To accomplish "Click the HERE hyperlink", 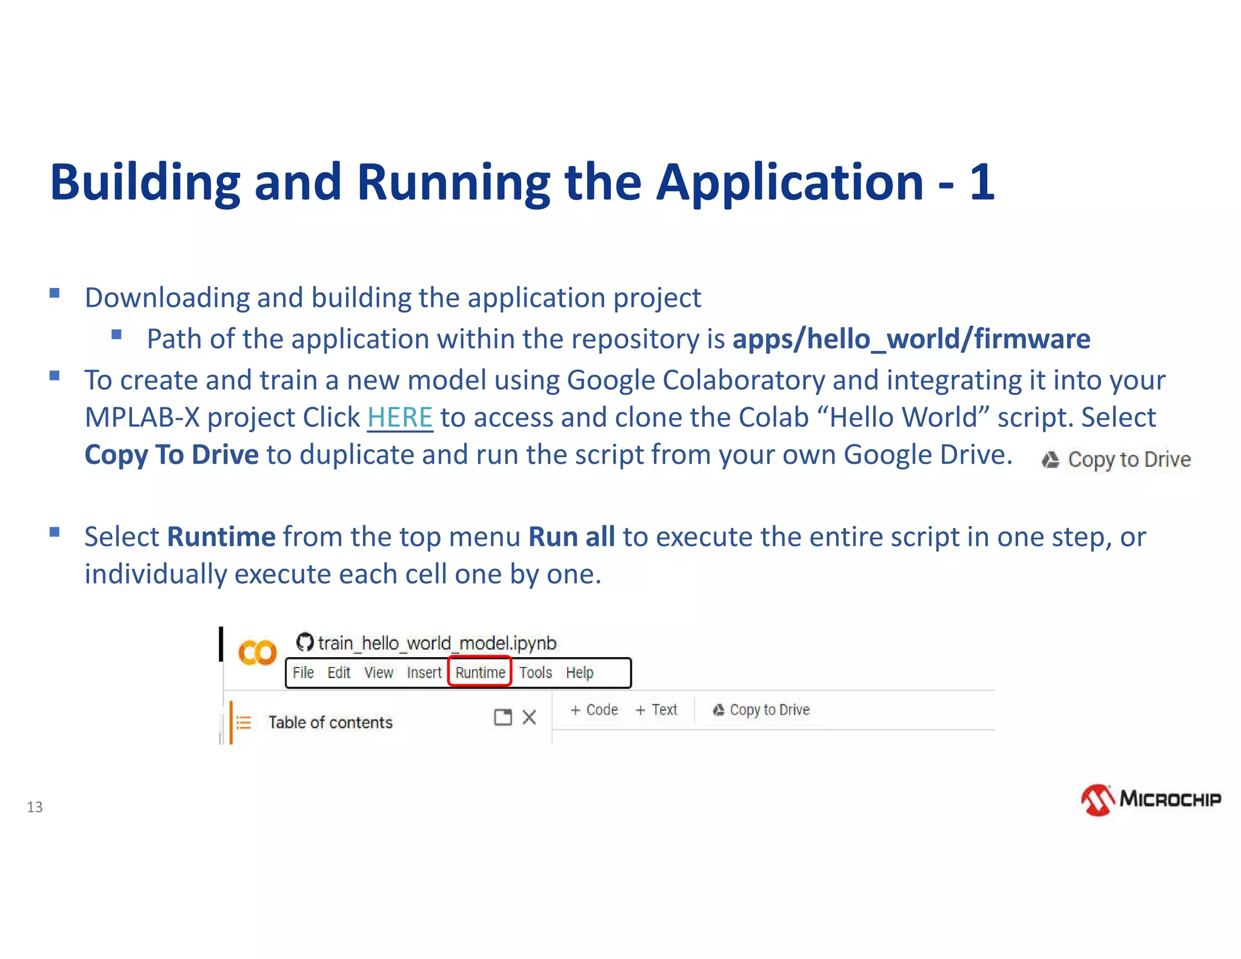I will point(400,418).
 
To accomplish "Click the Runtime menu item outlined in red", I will point(480,672).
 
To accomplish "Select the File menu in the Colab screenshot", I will point(303,672).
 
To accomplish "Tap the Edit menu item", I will point(339,672).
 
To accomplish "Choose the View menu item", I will point(379,672).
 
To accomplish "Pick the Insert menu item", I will point(424,672).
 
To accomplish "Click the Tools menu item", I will point(536,672).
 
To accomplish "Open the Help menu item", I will point(580,672).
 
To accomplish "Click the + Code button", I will point(594,710).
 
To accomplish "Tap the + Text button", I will point(657,710).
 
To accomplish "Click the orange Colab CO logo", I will point(257,653).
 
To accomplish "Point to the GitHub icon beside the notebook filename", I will point(305,642).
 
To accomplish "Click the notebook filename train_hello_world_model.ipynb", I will point(437,643).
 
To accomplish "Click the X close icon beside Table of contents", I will point(530,718).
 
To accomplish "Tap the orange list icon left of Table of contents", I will point(244,723).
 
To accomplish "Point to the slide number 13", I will point(35,807).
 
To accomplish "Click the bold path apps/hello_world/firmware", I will point(911,339).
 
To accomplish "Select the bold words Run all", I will point(571,537).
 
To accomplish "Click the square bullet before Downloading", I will point(55,294).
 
